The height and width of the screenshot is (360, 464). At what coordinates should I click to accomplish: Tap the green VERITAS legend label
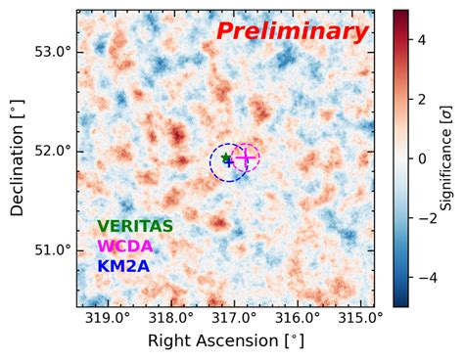click(135, 227)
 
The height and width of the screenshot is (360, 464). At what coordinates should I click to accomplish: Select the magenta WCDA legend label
click(124, 247)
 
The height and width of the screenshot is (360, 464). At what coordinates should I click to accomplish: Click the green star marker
click(226, 157)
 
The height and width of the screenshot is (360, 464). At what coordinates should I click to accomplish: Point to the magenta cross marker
click(246, 157)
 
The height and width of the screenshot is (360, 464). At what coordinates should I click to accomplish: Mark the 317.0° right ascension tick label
click(233, 318)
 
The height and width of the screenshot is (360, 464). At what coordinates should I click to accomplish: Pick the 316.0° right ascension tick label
click(297, 318)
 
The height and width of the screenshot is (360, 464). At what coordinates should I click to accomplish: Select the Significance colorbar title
click(446, 157)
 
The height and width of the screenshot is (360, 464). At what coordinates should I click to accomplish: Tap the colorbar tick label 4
click(420, 39)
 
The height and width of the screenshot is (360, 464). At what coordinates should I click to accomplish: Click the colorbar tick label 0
click(420, 157)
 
